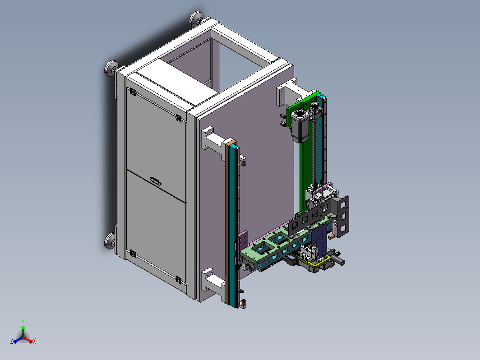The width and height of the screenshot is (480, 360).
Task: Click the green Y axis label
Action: click(23, 321)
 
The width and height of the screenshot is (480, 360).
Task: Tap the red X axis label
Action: click(34, 341)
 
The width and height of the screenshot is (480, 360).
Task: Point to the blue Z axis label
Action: click(12, 341)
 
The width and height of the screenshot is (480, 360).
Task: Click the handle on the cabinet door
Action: click(156, 181)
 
